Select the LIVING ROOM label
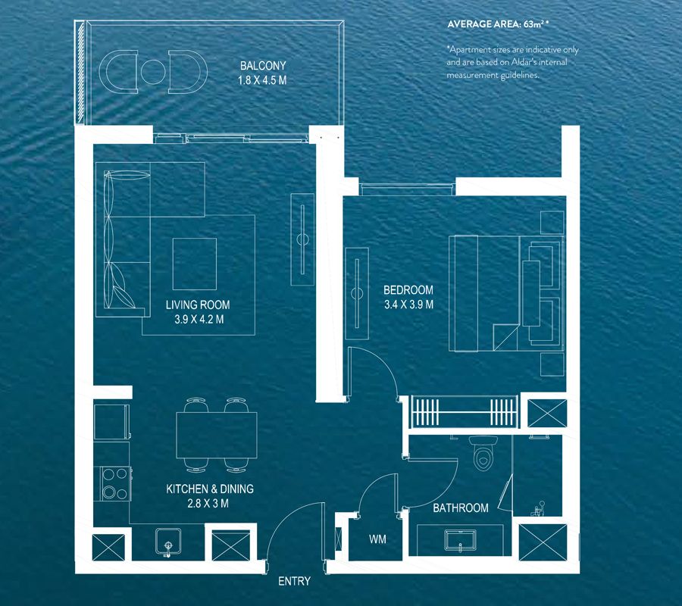[198, 305]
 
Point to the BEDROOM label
[408, 290]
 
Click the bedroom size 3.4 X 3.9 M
[408, 305]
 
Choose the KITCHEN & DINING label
[210, 489]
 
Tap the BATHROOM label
[461, 508]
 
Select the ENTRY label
[294, 582]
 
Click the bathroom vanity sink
[458, 540]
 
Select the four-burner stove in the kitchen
[114, 484]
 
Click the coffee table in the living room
[195, 264]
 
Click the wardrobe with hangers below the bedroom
[465, 414]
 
